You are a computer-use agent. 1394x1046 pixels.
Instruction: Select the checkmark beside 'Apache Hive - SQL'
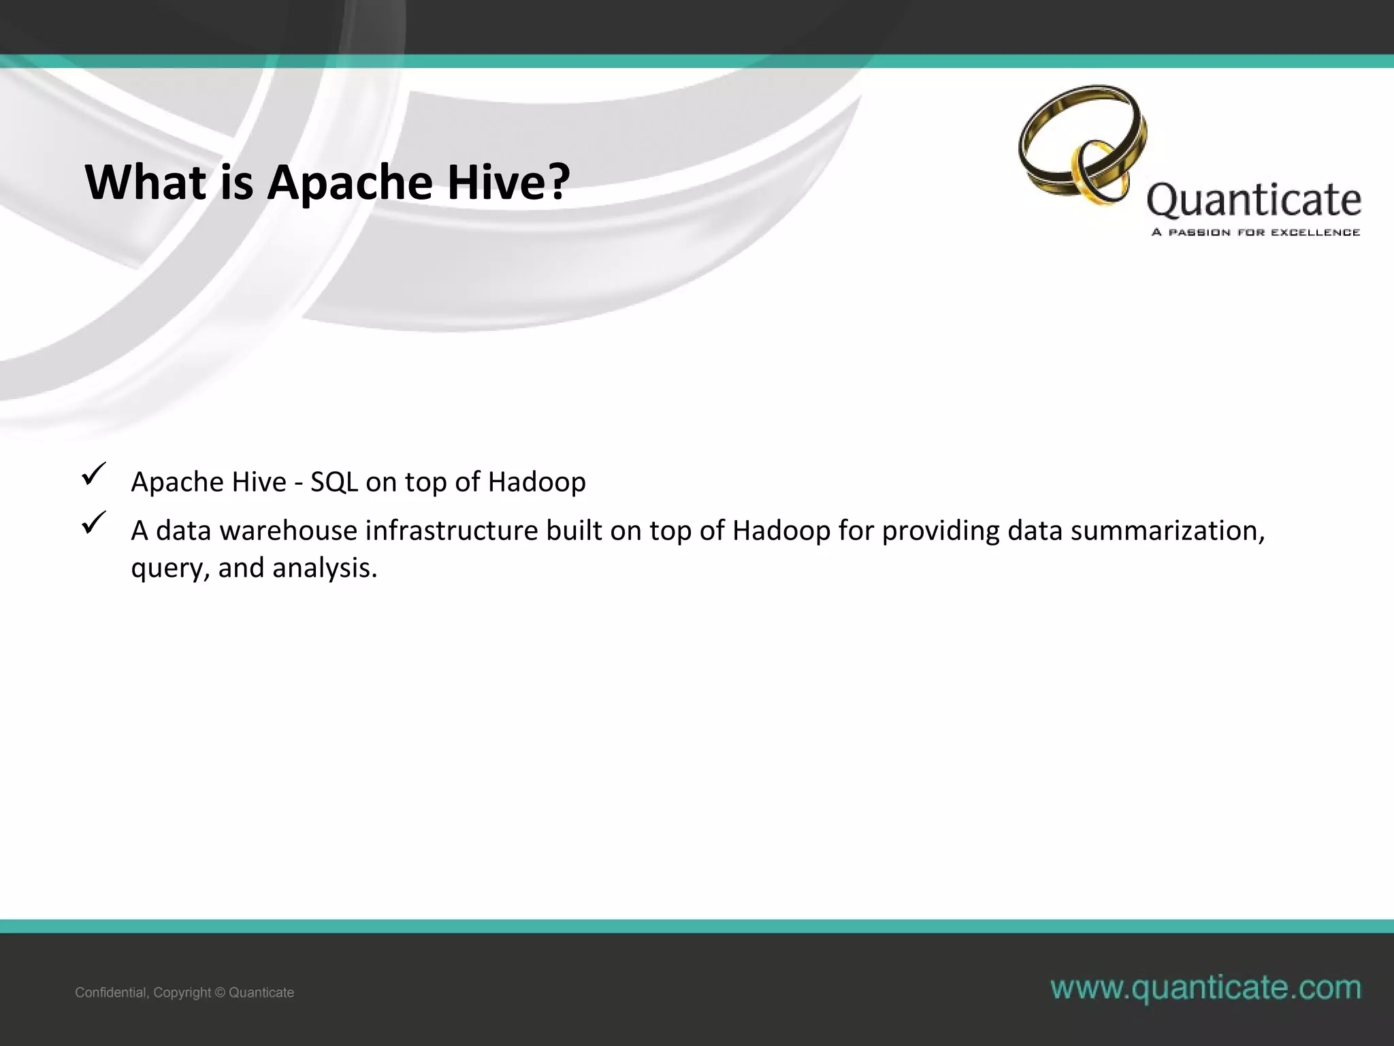tap(92, 474)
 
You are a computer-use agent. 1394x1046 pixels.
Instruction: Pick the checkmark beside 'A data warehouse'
tap(92, 523)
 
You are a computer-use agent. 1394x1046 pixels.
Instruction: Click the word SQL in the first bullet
tap(334, 482)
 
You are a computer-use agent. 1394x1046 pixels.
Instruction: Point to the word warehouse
tap(289, 531)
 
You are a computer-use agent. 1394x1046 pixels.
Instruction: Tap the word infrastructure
tap(452, 531)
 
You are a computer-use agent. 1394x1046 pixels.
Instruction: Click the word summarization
tap(1167, 531)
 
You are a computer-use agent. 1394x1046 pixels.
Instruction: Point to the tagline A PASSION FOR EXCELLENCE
tap(1256, 233)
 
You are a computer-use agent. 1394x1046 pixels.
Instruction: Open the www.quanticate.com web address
tap(1205, 988)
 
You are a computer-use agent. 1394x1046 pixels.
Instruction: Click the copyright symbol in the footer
tap(219, 993)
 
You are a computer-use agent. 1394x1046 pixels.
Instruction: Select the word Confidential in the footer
tap(111, 993)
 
